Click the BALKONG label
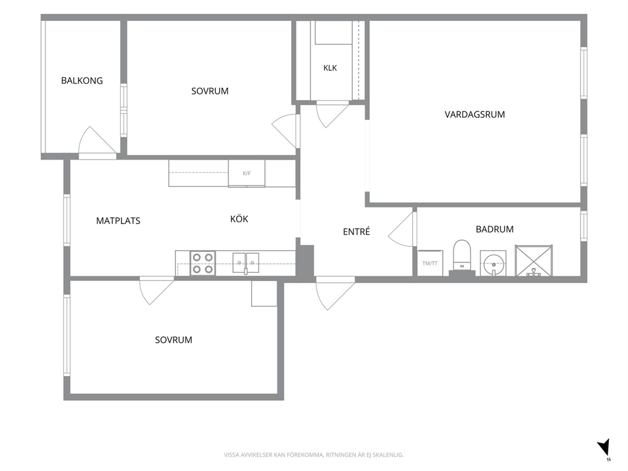click(82, 80)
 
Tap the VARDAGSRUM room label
click(475, 115)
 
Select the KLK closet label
click(330, 68)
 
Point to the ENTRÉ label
click(356, 231)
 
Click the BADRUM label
click(494, 229)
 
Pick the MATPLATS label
click(118, 221)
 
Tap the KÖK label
click(239, 218)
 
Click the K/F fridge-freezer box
click(246, 173)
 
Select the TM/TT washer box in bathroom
click(430, 263)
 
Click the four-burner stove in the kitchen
click(203, 263)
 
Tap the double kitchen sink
click(246, 263)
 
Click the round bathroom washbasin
click(493, 263)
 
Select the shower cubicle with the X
click(534, 260)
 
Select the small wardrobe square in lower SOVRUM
click(265, 294)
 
